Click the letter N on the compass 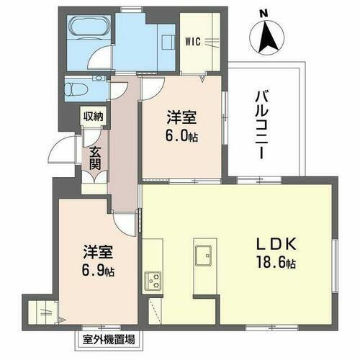click(264, 12)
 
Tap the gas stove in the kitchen click(153, 279)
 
